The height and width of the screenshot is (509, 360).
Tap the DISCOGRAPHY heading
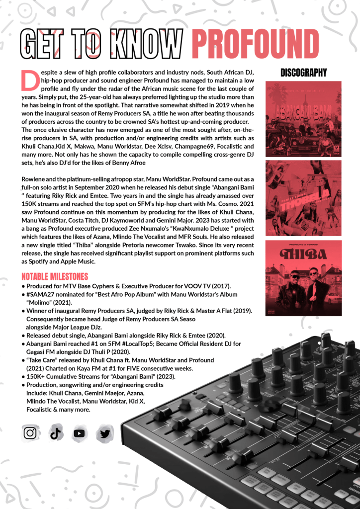click(x=303, y=73)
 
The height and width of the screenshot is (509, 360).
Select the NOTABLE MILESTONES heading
click(x=55, y=276)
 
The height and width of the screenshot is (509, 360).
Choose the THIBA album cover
click(x=303, y=278)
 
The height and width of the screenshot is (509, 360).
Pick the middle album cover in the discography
click(x=303, y=198)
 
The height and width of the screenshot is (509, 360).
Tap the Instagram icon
click(x=31, y=433)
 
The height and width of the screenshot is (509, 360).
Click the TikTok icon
click(x=55, y=433)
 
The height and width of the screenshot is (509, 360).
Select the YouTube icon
click(x=79, y=433)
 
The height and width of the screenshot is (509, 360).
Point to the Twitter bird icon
click(x=104, y=433)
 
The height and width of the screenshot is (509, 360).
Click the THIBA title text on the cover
click(x=303, y=254)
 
